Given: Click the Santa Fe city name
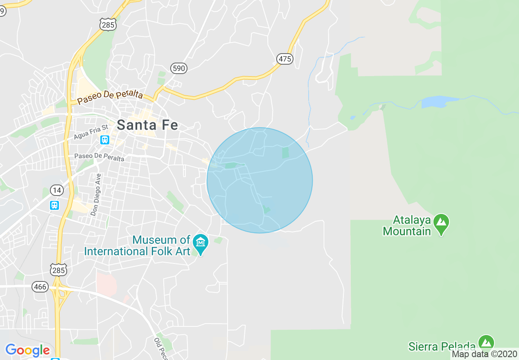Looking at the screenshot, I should tap(147, 125).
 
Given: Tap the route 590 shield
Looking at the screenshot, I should tap(179, 68).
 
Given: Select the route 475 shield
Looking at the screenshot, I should tap(284, 59).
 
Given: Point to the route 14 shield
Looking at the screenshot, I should tap(56, 190).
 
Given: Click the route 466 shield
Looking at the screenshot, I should tap(40, 287).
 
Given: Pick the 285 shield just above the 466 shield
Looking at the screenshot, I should tap(59, 270).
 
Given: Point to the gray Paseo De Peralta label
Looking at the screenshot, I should tap(99, 157).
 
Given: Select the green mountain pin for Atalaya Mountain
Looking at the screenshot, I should tap(441, 223).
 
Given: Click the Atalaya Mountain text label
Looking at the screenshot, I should tap(407, 226).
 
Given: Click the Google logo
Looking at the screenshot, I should tap(27, 350).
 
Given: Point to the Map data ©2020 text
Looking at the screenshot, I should tap(484, 354).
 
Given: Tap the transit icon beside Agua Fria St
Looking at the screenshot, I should tap(105, 140).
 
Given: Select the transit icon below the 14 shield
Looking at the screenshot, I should tap(54, 205).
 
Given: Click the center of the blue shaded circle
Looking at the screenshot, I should tap(259, 180).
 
